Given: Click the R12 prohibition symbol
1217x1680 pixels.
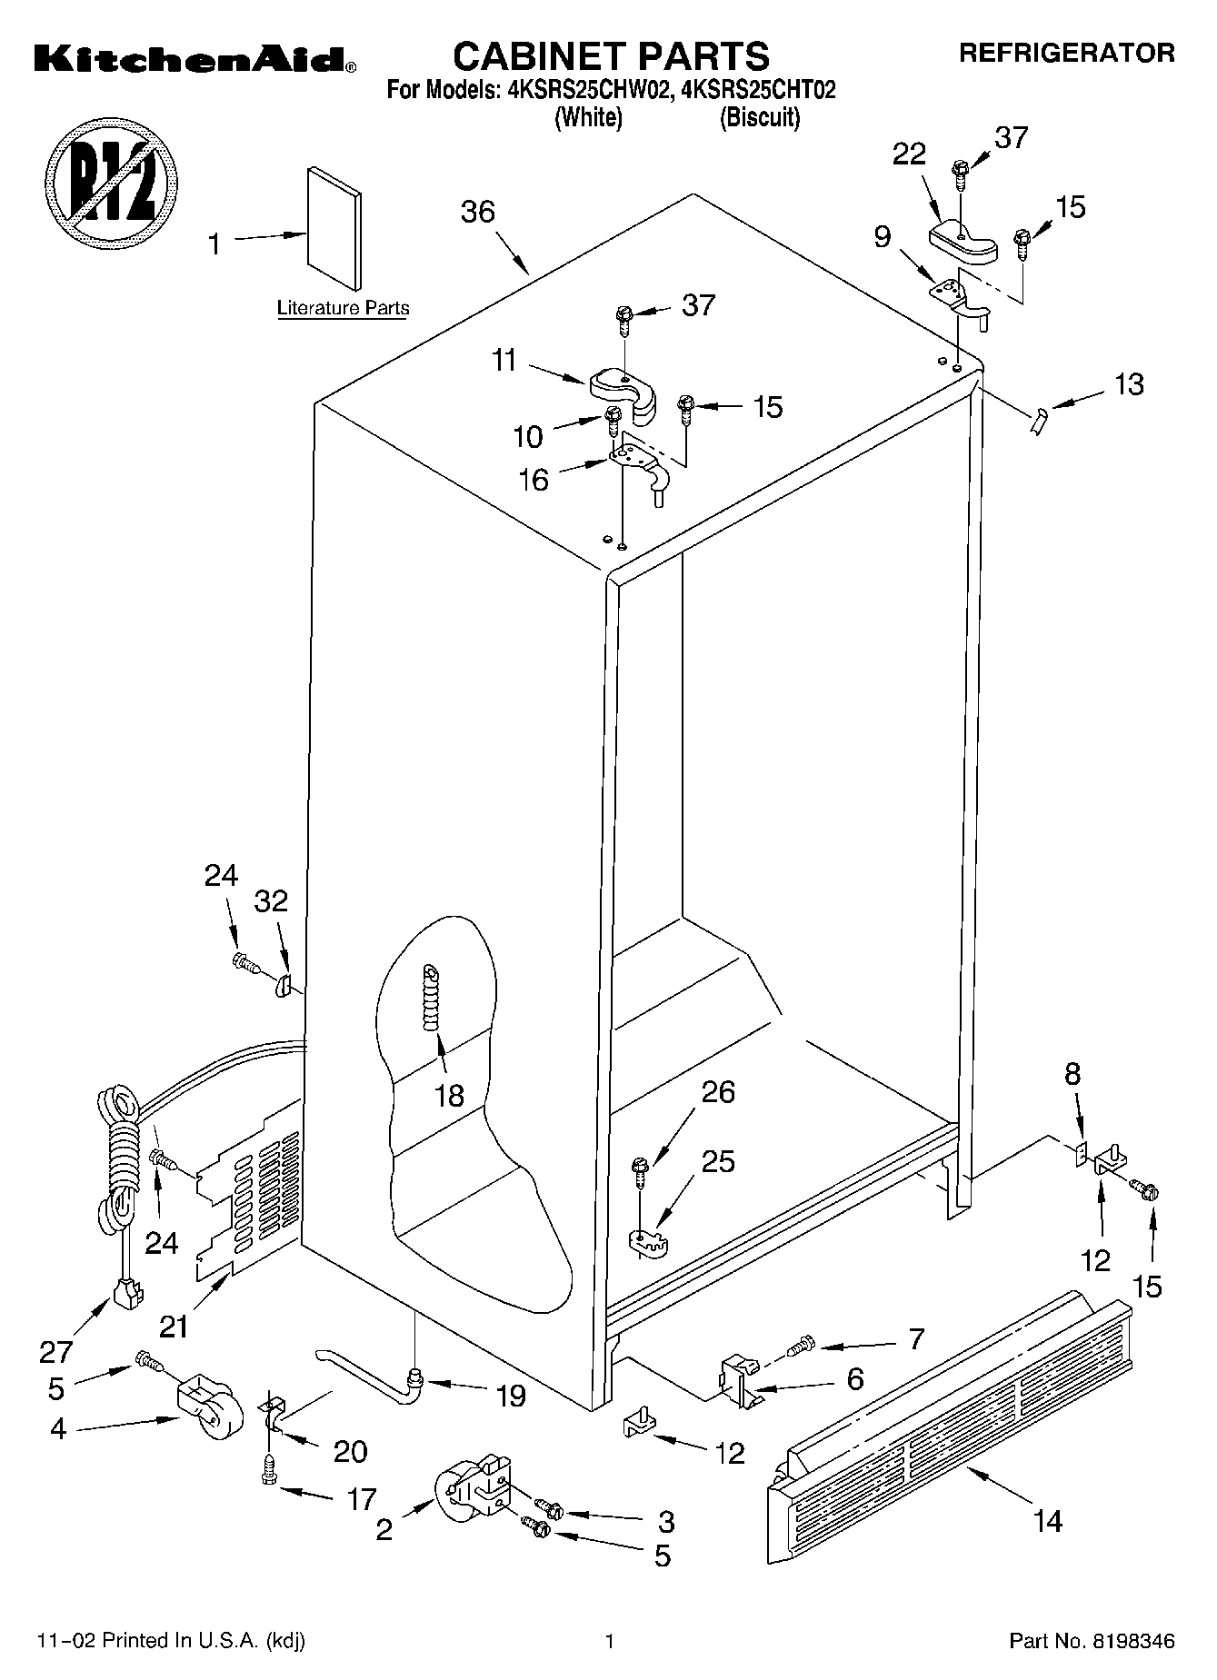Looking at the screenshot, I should pos(112,179).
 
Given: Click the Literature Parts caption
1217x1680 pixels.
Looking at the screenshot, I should pos(343,308).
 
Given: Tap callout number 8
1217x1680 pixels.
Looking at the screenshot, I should pos(1072,1074).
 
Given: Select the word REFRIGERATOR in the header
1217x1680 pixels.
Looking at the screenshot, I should pos(1066,54).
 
